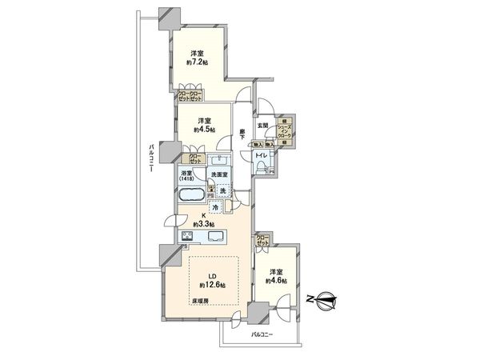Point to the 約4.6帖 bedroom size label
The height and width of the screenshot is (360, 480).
pos(275,280)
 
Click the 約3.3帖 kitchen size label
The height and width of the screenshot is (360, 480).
pos(202,223)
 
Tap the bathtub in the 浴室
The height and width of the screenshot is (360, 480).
pos(192,194)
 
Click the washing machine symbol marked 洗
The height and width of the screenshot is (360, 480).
pos(225,192)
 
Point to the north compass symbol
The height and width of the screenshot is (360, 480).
pos(327,302)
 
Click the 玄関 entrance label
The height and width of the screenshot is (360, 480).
pos(262,125)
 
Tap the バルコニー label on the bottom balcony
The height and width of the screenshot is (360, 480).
pos(263,334)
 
